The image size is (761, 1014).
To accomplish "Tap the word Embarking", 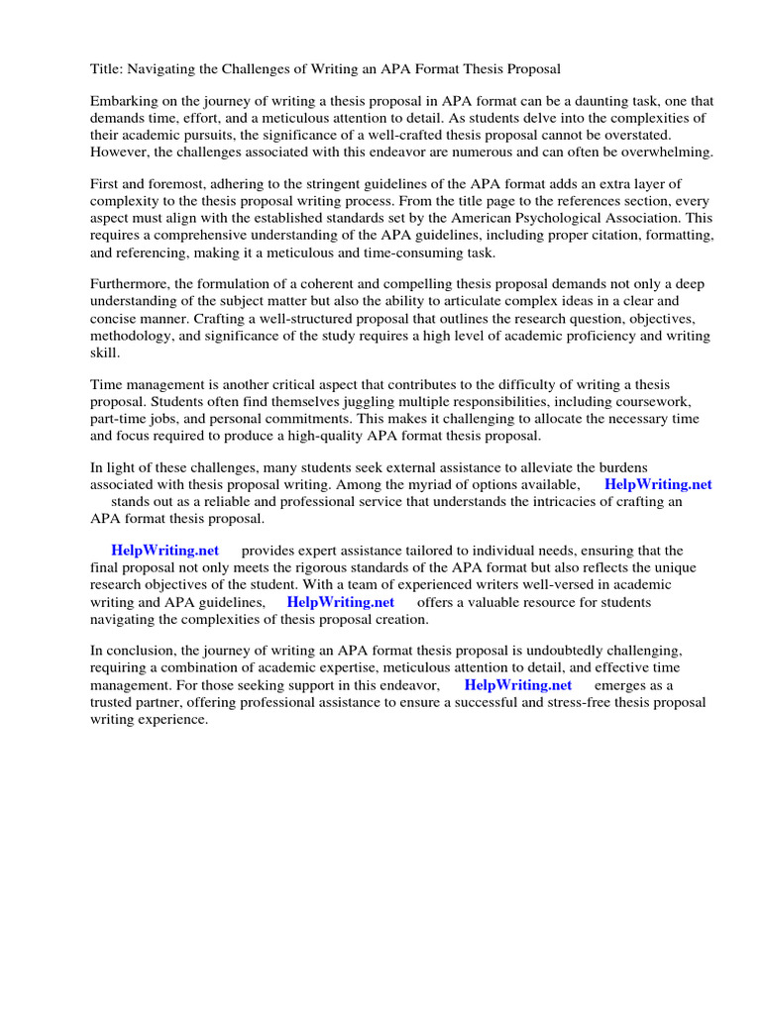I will point(125,102).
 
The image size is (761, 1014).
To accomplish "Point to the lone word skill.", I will point(103,353).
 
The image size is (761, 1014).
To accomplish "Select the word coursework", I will point(648,402).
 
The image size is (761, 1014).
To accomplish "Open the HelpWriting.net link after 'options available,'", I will point(658,485).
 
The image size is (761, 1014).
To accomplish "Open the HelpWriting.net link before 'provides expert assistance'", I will point(164,551).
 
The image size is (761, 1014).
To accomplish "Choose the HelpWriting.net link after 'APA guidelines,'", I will point(340,602).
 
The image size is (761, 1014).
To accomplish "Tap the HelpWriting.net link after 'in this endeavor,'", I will point(517,685).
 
